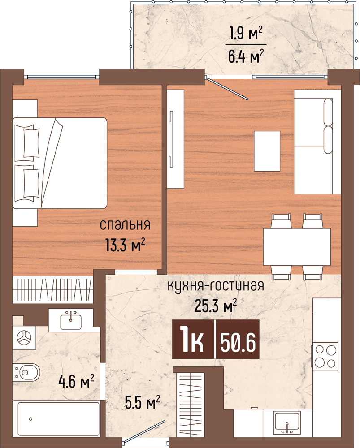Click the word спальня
click(x=125, y=224)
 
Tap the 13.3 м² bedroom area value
click(x=125, y=245)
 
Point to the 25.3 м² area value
click(x=216, y=306)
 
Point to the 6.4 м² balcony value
click(x=245, y=57)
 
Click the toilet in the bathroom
click(x=27, y=371)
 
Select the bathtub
click(x=56, y=419)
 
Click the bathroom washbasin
click(x=71, y=319)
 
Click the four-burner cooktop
click(x=325, y=356)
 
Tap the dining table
click(x=297, y=247)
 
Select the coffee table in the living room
click(x=267, y=151)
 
